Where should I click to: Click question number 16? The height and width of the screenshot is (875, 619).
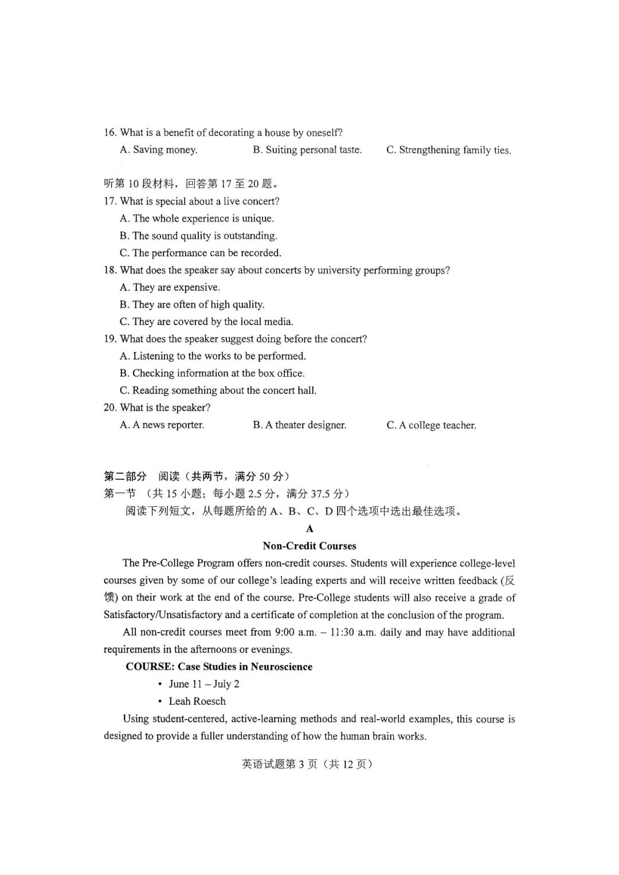[110, 132]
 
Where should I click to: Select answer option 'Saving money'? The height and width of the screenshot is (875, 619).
[159, 150]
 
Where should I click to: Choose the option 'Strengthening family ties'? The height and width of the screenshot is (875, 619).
[449, 150]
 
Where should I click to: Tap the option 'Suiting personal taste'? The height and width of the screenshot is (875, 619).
[307, 150]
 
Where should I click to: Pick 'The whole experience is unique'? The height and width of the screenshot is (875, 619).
[197, 218]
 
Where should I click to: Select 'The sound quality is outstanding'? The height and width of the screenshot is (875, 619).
[198, 236]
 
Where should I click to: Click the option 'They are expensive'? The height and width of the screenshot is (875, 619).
[170, 287]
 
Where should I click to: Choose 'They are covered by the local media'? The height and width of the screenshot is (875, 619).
[206, 322]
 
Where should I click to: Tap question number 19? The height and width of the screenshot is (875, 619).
[110, 339]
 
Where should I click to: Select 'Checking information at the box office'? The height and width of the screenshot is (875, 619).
[212, 373]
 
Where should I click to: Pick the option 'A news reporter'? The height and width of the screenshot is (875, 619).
[162, 425]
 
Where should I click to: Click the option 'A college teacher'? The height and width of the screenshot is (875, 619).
[431, 425]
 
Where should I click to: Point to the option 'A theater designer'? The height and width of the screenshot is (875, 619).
[299, 425]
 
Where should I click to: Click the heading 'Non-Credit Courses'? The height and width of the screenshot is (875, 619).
[309, 546]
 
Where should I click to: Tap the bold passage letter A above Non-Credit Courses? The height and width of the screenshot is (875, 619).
[309, 529]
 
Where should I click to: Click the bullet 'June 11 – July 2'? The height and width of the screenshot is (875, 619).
[204, 683]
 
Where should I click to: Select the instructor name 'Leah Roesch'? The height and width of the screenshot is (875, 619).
[197, 701]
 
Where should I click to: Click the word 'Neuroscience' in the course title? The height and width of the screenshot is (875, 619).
[281, 666]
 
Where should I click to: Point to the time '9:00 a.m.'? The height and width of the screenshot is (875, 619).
[296, 632]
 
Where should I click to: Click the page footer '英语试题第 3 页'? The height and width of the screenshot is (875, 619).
[280, 764]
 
